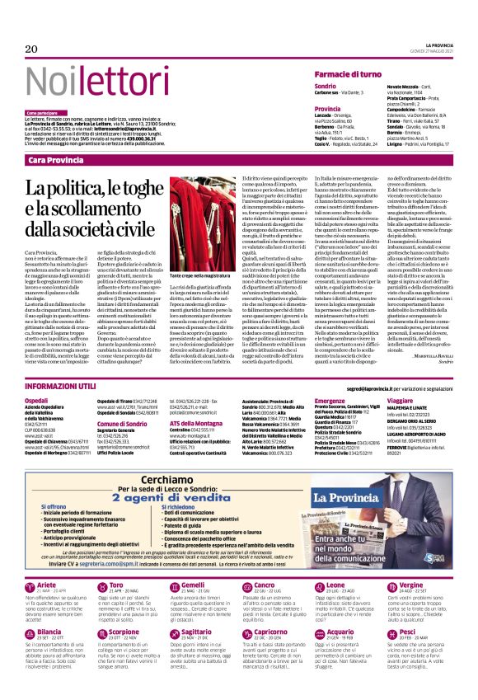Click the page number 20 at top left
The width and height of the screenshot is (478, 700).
32,49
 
